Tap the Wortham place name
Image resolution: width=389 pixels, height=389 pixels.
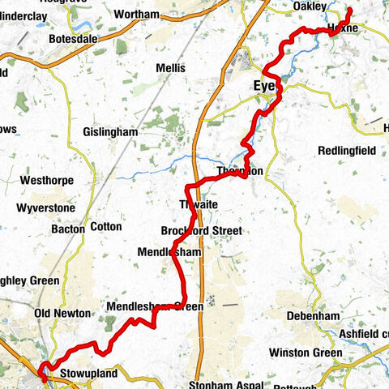pos(137,15)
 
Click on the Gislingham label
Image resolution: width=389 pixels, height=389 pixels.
pos(111,131)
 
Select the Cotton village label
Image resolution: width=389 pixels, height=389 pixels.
pos(105,228)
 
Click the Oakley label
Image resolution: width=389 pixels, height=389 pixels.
pos(308,7)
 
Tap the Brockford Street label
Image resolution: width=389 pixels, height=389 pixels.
pos(201,231)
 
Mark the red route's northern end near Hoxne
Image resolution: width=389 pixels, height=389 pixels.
pos(350,10)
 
